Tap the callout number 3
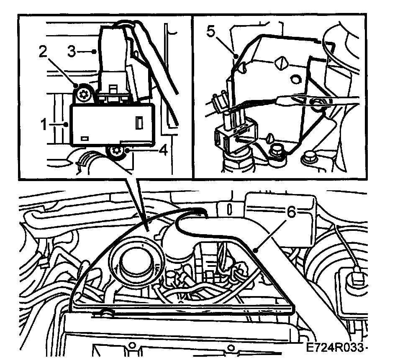pos(72,52)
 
